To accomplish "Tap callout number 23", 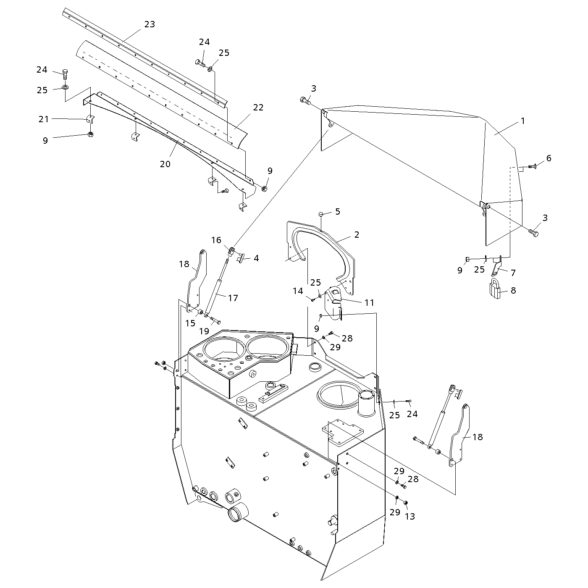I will pos(150,24).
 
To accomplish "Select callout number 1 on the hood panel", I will pos(522,121).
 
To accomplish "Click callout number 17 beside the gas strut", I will pos(233,298).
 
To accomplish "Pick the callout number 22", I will pos(258,107).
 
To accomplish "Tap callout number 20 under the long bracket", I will pos(165,164).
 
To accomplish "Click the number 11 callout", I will pos(369,302).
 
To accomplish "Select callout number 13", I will pos(409,516).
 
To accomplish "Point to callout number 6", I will pos(549,158).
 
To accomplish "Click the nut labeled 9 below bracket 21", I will pos(90,134).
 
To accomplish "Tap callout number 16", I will pos(216,240).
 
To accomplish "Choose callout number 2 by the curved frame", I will pos(357,235).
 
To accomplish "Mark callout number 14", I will pos(298,291).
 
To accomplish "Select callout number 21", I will pos(44,119).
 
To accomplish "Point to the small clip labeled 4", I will pos(244,257).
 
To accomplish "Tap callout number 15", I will pos(190,323).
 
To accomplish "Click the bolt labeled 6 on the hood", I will pos(533,167).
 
